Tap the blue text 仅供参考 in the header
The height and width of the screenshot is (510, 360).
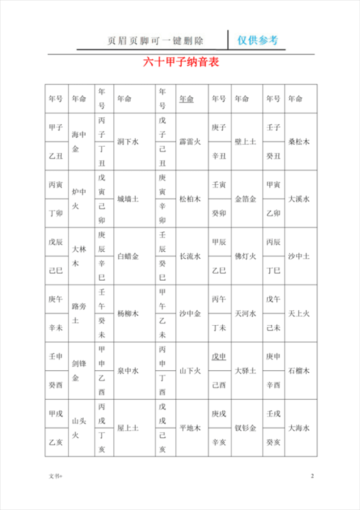[257, 40]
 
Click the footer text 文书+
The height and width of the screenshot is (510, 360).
[55, 477]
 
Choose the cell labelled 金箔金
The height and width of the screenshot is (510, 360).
[246, 199]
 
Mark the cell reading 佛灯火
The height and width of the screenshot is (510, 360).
[245, 256]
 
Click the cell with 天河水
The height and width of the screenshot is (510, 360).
[245, 314]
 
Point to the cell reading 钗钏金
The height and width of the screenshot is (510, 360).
[245, 428]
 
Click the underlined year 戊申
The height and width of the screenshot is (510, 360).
[219, 356]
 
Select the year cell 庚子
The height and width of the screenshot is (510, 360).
[219, 127]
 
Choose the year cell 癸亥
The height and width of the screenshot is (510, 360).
[273, 442]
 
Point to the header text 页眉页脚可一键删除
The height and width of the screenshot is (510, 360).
[155, 40]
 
